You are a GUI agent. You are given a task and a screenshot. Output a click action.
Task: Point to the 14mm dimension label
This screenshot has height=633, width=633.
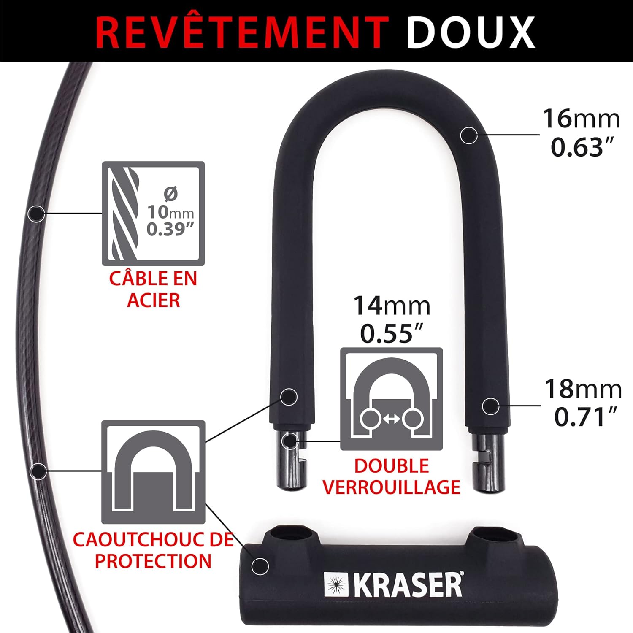click(392, 306)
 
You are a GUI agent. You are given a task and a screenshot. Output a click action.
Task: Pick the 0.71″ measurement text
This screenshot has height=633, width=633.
click(585, 417)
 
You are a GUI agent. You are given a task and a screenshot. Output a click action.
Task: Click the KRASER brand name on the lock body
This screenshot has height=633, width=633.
click(408, 585)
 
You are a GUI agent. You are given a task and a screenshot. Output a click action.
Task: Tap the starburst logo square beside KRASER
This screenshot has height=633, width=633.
click(336, 584)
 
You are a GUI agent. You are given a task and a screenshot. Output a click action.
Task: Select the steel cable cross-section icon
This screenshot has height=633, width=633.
click(153, 214)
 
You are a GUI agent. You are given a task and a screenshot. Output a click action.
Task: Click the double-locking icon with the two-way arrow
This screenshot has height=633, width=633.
click(391, 399)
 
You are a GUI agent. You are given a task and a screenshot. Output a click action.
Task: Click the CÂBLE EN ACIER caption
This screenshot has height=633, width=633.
click(153, 289)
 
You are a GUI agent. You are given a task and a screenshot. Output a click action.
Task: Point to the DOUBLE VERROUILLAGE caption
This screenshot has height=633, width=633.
click(391, 476)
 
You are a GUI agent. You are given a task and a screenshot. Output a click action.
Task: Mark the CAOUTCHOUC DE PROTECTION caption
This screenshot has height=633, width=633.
click(153, 550)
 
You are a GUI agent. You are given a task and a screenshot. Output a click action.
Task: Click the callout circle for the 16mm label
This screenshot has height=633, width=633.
click(468, 135)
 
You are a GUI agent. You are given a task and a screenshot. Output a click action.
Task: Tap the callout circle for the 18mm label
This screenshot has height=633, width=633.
click(490, 406)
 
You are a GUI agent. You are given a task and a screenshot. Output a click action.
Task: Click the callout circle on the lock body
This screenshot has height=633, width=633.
click(260, 566)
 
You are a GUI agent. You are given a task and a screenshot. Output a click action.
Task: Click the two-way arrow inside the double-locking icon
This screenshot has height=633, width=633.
click(392, 419)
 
